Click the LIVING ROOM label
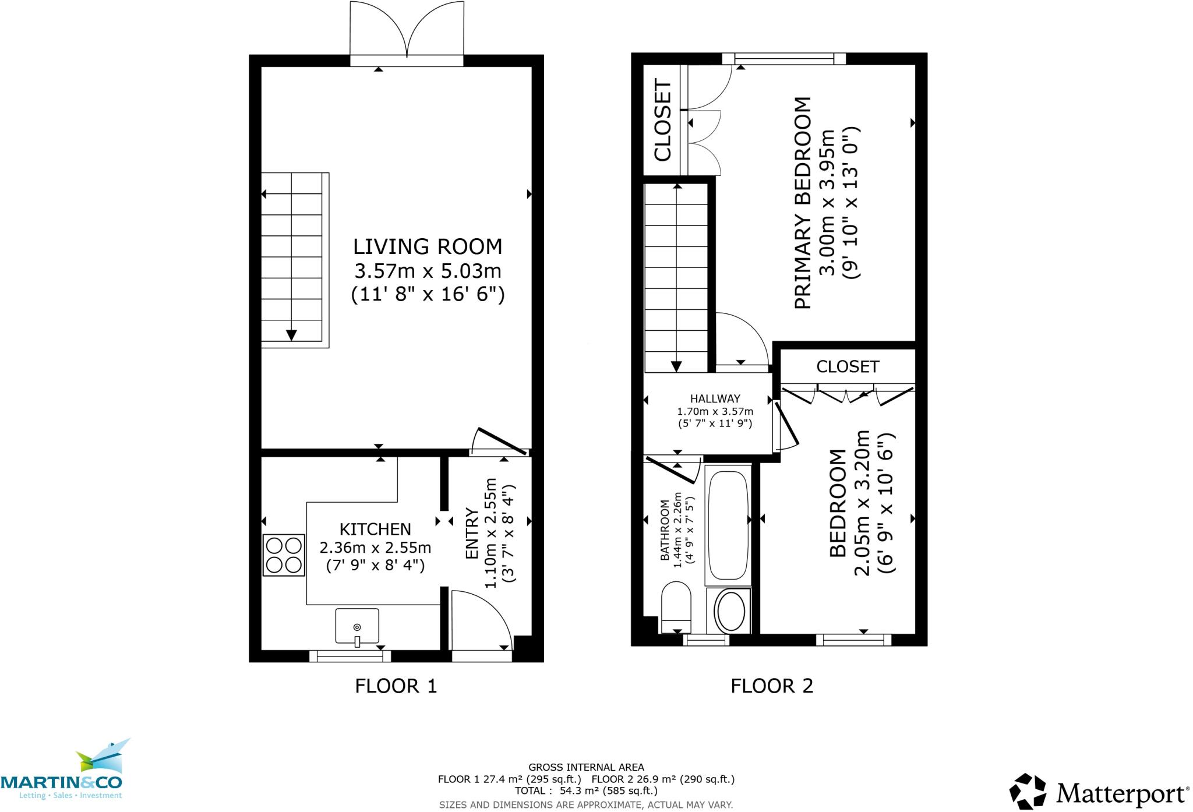click(x=428, y=246)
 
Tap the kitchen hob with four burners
click(x=284, y=555)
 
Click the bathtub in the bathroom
click(x=728, y=524)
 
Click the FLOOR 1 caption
click(x=396, y=686)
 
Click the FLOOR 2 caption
click(x=771, y=686)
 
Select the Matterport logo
click(x=1099, y=793)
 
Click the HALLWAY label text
click(x=715, y=399)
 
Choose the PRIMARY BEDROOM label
click(x=802, y=203)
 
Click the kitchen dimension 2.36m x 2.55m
click(x=375, y=548)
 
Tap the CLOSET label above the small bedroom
click(x=847, y=366)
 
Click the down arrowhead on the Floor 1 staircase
click(x=291, y=336)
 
